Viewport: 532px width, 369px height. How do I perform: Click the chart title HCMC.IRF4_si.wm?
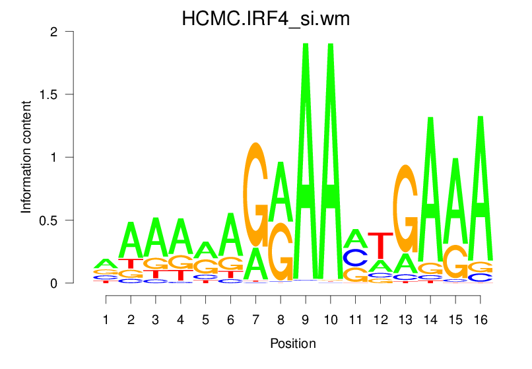tap(265, 19)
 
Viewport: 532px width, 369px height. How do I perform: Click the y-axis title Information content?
tap(26, 157)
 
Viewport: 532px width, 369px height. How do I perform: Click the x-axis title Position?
tap(293, 344)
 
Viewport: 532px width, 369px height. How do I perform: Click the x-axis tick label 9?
tap(306, 319)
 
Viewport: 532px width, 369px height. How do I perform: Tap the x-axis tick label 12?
tap(380, 319)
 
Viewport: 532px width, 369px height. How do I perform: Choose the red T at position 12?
tap(380, 246)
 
